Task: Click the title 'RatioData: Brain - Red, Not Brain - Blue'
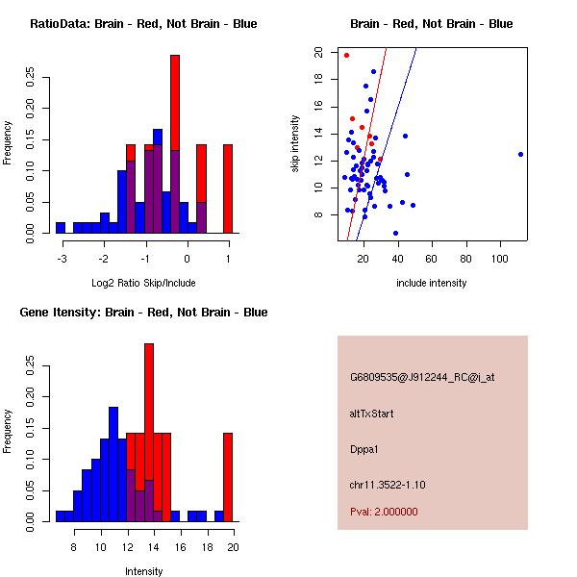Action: coord(143,24)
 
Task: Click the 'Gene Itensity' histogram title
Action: coord(143,313)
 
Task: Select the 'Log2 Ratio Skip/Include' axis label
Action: coord(143,283)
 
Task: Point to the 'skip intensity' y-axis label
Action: coord(297,144)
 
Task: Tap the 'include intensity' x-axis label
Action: coord(432,283)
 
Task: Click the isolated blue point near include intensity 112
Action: coord(520,154)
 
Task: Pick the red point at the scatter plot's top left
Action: coord(346,55)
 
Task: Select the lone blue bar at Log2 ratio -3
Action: coord(61,227)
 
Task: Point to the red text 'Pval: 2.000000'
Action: coord(384,512)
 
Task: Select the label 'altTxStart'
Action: coord(371,414)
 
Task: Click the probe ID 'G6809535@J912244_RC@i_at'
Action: coord(422,378)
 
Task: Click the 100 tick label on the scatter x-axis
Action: coord(500,258)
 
